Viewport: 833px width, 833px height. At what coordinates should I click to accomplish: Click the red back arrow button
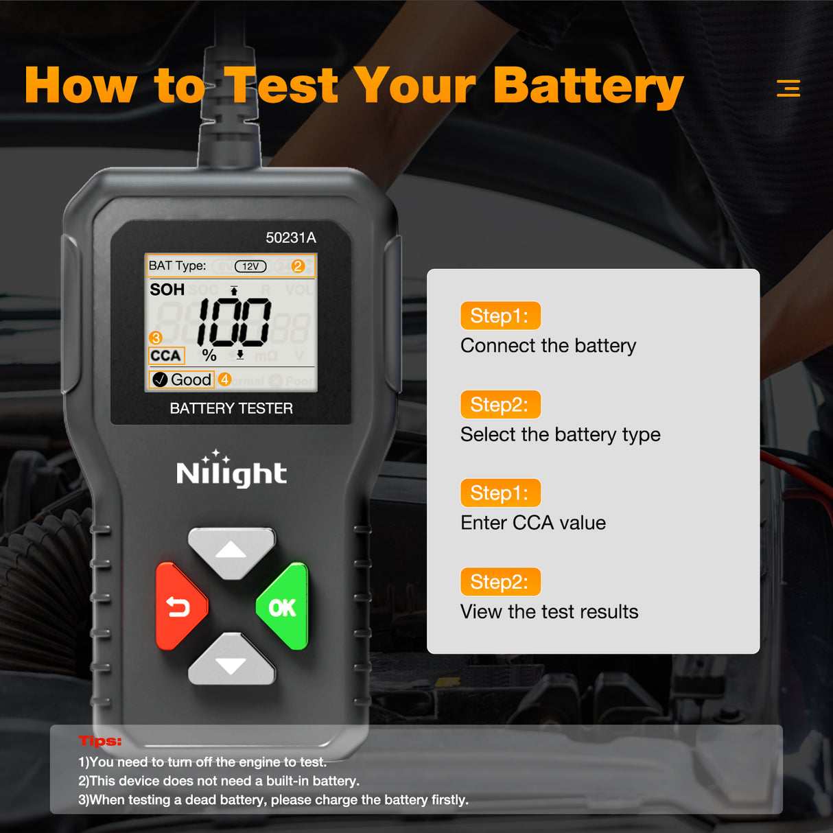180,607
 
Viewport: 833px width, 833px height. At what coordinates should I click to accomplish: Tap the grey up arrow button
231,552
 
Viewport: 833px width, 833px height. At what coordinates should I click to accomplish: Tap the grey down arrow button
231,661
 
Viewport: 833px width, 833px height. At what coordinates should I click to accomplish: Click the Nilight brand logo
231,471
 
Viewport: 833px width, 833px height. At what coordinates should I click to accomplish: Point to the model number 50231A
291,237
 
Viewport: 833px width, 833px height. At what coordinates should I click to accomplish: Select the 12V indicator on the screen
250,266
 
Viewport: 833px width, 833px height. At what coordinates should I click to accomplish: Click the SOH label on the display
167,290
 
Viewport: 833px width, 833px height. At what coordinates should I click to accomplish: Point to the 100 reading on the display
235,322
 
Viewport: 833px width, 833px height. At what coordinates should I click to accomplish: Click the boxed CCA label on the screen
166,355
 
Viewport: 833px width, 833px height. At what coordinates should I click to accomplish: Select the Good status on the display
183,379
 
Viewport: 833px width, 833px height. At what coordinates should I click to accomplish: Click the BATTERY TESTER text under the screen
231,408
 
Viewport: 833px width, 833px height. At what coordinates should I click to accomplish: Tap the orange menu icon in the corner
788,88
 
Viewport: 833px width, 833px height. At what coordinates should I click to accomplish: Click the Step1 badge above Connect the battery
500,316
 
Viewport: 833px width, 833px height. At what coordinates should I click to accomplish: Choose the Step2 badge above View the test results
500,582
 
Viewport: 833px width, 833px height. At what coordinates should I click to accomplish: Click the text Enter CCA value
533,523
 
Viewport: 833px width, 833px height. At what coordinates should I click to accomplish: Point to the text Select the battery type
560,434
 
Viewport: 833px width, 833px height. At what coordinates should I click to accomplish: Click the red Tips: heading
100,741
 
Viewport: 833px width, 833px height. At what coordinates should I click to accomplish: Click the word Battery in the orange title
588,86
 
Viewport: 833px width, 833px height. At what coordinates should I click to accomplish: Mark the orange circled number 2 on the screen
298,266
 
